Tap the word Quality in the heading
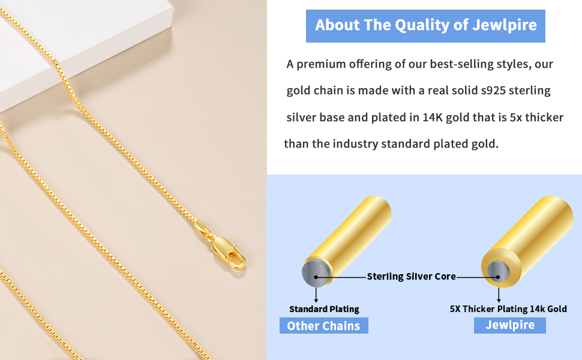[423, 25]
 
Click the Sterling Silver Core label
[411, 277]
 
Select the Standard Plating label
[324, 309]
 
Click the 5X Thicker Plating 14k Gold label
[508, 309]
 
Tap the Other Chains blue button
[323, 326]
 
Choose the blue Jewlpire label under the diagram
[509, 325]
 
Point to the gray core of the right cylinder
[497, 269]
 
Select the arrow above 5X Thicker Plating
[499, 295]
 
